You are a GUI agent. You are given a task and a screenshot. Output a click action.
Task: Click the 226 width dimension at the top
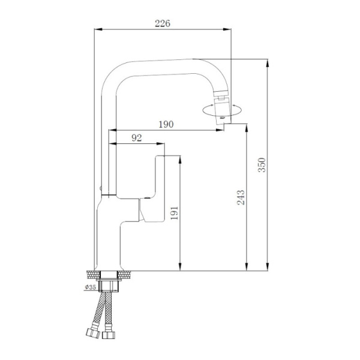click(163, 23)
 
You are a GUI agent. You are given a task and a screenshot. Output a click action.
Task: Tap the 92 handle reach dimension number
click(136, 138)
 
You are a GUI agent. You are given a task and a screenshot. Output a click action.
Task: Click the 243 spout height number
click(241, 197)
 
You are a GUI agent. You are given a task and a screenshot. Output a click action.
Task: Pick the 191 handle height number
click(175, 213)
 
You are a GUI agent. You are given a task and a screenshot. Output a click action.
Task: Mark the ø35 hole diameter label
click(91, 287)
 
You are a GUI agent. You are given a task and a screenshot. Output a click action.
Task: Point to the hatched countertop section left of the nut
click(92, 274)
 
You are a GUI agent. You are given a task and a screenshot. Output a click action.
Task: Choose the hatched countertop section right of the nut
click(127, 274)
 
